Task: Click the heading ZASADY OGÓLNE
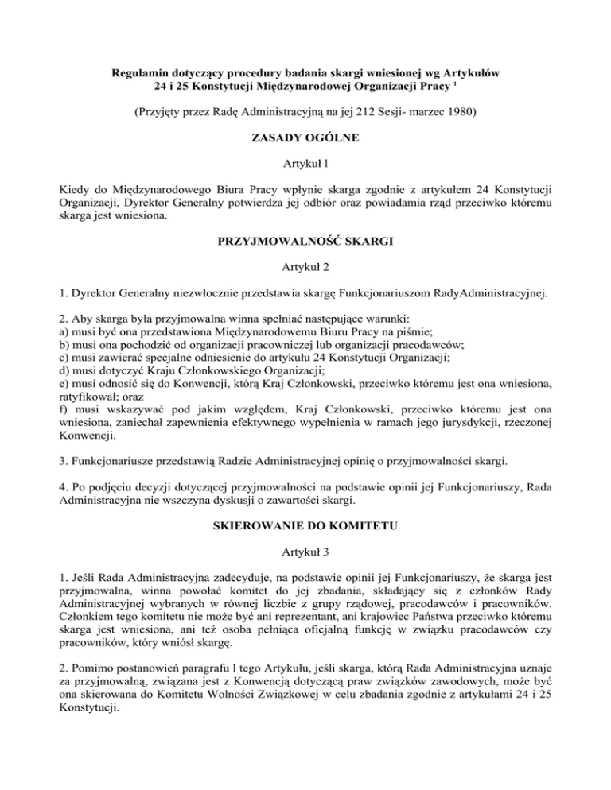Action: click(305, 138)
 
